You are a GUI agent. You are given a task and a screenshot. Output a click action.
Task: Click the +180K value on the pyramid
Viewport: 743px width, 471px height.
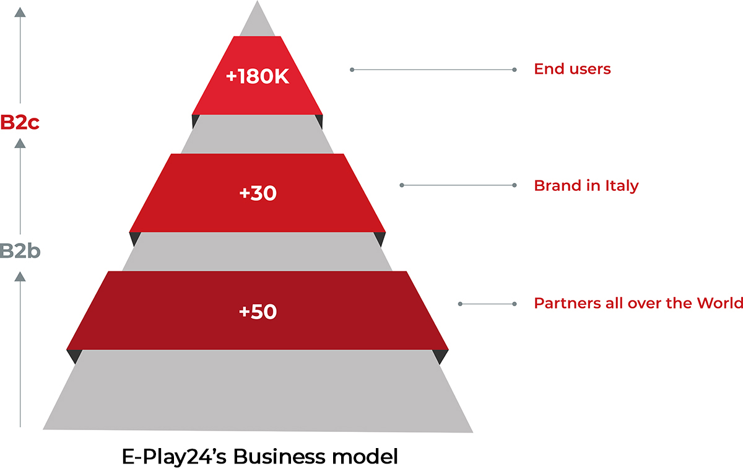pyautogui.click(x=258, y=76)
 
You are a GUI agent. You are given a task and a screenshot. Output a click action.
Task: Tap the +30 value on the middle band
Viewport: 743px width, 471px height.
pyautogui.click(x=258, y=193)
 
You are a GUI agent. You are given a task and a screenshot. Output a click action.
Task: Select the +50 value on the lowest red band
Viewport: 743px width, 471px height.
pyautogui.click(x=258, y=312)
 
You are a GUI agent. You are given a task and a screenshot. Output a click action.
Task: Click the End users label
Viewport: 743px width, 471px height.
pyautogui.click(x=572, y=69)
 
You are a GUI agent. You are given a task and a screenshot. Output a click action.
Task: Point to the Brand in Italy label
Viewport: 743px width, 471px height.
pyautogui.click(x=586, y=186)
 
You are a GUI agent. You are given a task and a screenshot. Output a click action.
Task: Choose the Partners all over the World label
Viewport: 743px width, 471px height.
pyautogui.click(x=638, y=303)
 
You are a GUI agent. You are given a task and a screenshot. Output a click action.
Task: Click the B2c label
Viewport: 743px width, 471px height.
pyautogui.click(x=20, y=122)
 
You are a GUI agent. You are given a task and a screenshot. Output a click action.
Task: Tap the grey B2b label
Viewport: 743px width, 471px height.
pyautogui.click(x=20, y=251)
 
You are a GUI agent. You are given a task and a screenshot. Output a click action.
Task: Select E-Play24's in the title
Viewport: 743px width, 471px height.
pyautogui.click(x=174, y=457)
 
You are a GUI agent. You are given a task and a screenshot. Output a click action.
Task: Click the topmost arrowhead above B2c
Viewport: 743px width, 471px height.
pyautogui.click(x=20, y=12)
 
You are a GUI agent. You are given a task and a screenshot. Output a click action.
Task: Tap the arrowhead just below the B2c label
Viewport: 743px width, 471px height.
pyautogui.click(x=20, y=143)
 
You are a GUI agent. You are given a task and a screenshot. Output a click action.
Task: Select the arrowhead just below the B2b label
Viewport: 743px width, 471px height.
pyautogui.click(x=20, y=276)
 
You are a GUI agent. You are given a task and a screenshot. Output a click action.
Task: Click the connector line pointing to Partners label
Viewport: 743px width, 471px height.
pyautogui.click(x=487, y=304)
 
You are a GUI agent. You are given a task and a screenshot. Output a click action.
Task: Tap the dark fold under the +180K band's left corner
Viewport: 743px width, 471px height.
pyautogui.click(x=195, y=121)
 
